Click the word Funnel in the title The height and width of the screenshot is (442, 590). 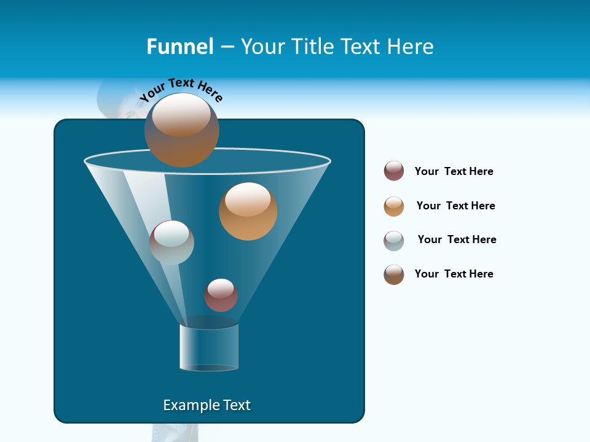(179, 47)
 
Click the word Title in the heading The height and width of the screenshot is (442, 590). (312, 47)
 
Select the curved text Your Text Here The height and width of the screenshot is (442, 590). (181, 89)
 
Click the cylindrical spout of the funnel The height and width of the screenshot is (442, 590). (209, 347)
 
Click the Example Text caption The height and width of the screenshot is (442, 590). (206, 405)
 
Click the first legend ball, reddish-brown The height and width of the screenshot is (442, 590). (394, 171)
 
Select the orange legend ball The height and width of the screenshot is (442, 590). (394, 206)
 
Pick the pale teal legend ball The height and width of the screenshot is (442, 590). (394, 241)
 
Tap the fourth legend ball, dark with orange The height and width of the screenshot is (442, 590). (394, 274)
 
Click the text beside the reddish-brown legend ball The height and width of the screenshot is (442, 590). (454, 171)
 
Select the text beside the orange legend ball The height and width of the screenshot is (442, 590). (455, 206)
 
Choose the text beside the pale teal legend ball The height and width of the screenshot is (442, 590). (457, 239)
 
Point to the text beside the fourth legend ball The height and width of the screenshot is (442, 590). (454, 274)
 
